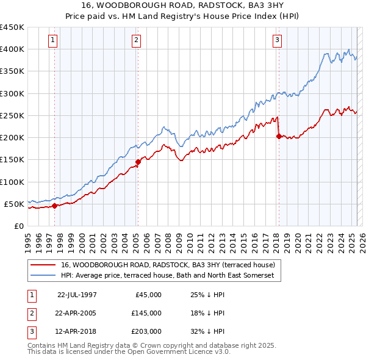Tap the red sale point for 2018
tap(279, 137)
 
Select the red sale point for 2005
tap(138, 162)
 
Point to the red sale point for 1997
tap(55, 206)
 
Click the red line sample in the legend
tap(43, 265)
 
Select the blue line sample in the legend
tap(43, 276)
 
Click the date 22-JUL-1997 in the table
tap(77, 295)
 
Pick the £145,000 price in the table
tap(146, 313)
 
